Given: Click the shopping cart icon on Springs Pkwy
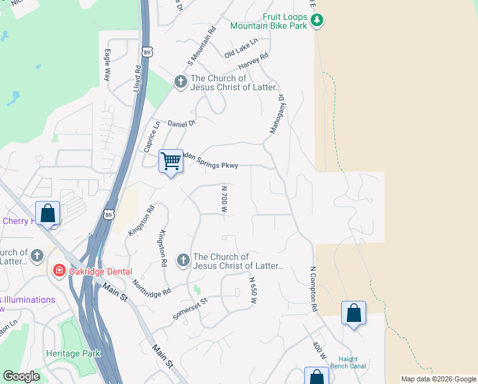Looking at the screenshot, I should point(171,161).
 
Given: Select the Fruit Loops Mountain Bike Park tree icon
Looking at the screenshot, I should point(316,21).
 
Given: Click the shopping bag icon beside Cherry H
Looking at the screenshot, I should point(48,213).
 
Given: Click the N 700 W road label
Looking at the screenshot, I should point(224,200).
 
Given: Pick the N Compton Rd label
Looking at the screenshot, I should point(314,289).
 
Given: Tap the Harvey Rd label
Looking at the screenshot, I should point(254,61).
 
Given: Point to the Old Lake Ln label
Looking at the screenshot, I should point(241,47).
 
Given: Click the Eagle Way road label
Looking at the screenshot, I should point(107,65).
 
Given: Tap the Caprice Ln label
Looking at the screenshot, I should point(151,136).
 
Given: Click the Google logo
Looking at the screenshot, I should point(22,376).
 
